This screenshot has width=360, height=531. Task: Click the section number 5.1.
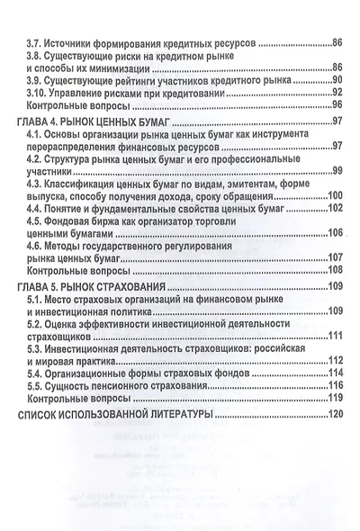35,299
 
